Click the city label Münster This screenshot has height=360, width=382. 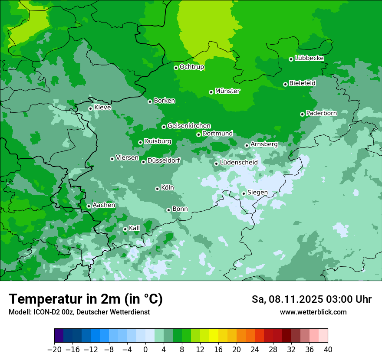pyautogui.click(x=227, y=91)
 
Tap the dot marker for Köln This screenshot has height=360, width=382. pyautogui.click(x=157, y=189)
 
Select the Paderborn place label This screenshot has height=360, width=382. pyautogui.click(x=321, y=113)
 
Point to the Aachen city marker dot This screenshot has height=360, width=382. pyautogui.click(x=89, y=206)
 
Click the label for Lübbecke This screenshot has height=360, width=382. pyautogui.click(x=309, y=58)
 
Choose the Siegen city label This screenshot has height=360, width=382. pyautogui.click(x=257, y=193)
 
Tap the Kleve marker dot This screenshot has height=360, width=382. pyautogui.click(x=90, y=109)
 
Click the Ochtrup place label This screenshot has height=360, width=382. pyautogui.click(x=192, y=67)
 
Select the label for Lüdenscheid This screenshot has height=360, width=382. pyautogui.click(x=239, y=163)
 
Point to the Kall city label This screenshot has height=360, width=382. pyautogui.click(x=135, y=228)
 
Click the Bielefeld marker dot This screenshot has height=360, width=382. pyautogui.click(x=285, y=84)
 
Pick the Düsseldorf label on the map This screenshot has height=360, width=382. pyautogui.click(x=164, y=161)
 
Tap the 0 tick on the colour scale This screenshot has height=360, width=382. pyautogui.click(x=145, y=350)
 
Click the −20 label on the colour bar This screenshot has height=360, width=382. pyautogui.click(x=55, y=350)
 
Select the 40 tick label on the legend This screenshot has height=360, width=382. pyautogui.click(x=328, y=350)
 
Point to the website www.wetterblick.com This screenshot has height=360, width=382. pyautogui.click(x=313, y=312)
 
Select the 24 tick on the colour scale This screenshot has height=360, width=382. pyautogui.click(x=255, y=350)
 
